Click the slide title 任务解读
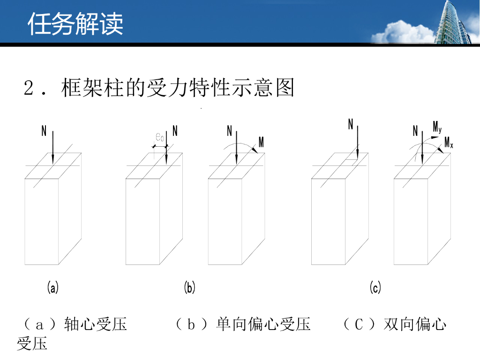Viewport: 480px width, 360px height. click(75, 24)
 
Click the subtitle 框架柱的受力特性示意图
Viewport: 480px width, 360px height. click(178, 88)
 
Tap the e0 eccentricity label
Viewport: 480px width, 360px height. click(160, 137)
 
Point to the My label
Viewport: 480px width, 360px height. click(437, 127)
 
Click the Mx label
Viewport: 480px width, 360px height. click(449, 142)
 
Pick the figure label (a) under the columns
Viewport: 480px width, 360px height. click(52, 287)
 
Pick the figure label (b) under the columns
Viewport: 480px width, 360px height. click(189, 287)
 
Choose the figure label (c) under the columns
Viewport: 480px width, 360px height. click(375, 287)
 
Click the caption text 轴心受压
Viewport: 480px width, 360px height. click(96, 324)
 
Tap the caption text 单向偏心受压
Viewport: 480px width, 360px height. click(263, 324)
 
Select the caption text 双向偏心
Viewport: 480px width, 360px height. click(415, 324)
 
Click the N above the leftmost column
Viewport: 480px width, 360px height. click(44, 131)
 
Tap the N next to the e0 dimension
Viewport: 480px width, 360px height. click(175, 131)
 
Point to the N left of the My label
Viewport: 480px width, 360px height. click(415, 131)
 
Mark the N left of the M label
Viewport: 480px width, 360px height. click(230, 131)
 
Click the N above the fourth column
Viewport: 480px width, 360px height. click(351, 124)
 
